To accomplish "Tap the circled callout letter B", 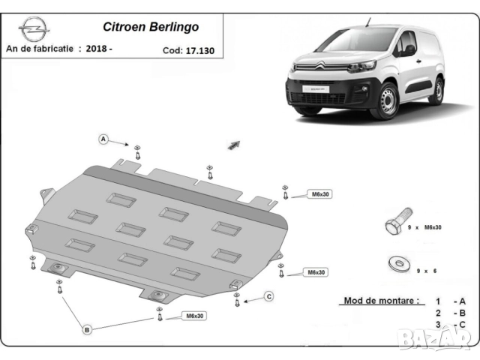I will coord(87,329).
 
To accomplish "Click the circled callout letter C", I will coord(268,297).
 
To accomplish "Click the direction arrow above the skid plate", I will coord(234,145).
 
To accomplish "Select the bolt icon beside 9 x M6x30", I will coord(392,225).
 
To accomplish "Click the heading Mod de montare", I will coord(381,301).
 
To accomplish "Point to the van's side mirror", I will coord(409,50).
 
